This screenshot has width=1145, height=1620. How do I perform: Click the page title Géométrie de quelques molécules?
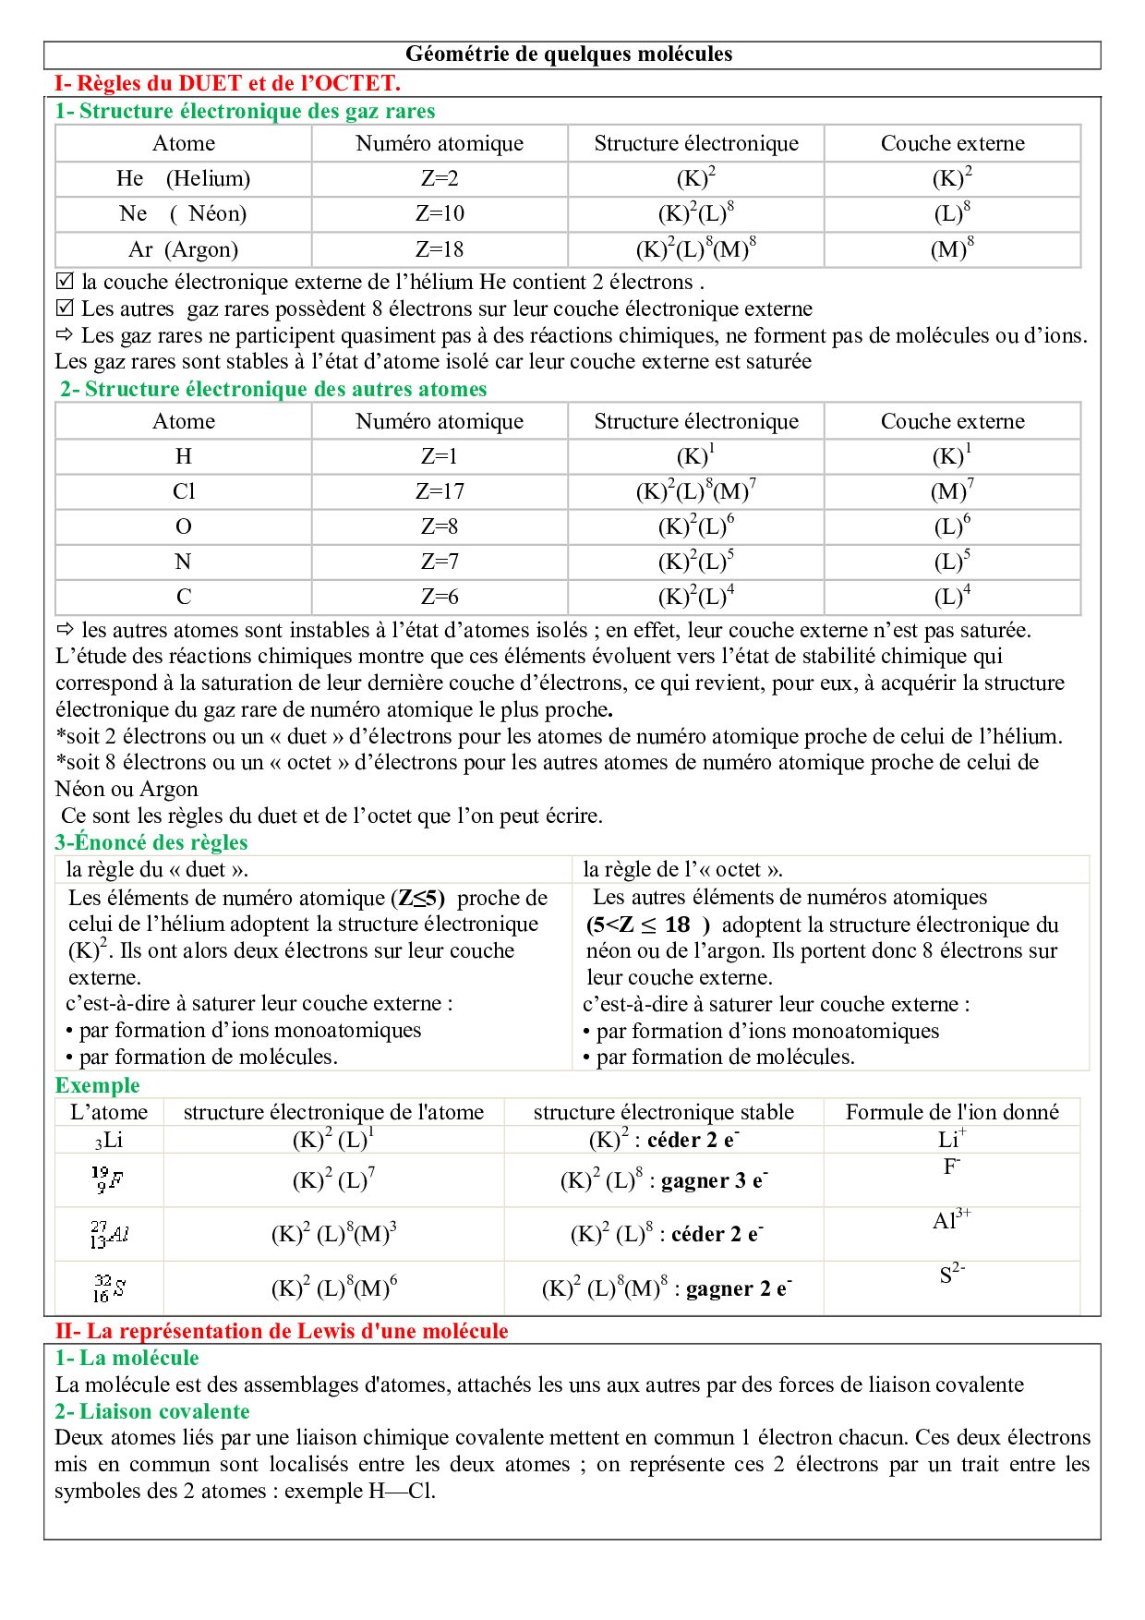(569, 54)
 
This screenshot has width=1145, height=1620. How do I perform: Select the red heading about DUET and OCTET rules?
(227, 83)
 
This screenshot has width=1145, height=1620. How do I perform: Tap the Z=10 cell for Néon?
(440, 214)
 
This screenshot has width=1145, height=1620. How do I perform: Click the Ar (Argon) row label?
(183, 249)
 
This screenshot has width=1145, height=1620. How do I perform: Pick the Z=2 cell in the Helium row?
(440, 178)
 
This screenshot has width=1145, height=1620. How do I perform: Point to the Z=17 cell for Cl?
(440, 491)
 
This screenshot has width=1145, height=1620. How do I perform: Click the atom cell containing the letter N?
(183, 562)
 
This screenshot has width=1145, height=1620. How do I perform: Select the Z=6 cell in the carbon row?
(440, 597)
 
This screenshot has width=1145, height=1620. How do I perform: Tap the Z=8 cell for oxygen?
(440, 526)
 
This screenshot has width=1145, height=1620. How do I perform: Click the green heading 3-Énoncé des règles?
(151, 842)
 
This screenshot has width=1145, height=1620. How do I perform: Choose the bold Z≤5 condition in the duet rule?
(421, 898)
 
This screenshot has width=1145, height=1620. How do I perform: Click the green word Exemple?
(98, 1085)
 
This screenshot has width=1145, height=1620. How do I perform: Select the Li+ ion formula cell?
(952, 1139)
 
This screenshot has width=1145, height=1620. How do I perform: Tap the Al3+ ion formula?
(951, 1220)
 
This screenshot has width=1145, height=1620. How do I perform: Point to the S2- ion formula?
(952, 1275)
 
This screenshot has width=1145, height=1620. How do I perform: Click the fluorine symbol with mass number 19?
(108, 1179)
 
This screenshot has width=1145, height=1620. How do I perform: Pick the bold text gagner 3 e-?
(714, 1180)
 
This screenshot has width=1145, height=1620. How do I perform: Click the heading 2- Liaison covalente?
(152, 1411)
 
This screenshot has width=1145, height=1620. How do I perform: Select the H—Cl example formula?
(401, 1491)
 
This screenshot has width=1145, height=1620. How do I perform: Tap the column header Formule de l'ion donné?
(952, 1112)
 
